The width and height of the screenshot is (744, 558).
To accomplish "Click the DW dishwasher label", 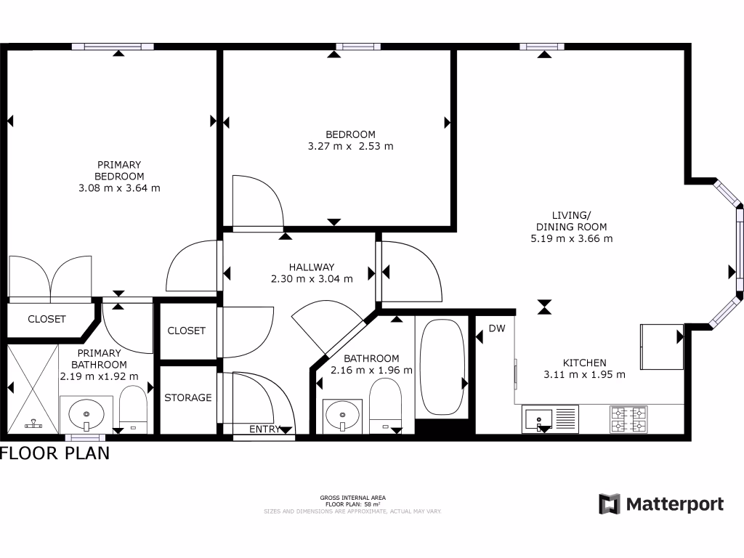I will [496, 328].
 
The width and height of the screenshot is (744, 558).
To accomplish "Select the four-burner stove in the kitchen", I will [628, 418].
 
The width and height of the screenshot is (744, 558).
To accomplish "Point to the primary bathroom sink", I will [86, 415].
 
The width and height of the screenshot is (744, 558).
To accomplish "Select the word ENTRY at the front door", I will [264, 429].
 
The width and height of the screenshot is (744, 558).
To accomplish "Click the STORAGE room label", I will [187, 397].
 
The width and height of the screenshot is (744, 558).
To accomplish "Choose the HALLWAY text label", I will [311, 267].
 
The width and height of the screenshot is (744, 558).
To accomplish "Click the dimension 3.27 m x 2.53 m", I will [350, 146].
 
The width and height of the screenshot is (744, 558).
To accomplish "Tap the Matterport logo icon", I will [609, 504].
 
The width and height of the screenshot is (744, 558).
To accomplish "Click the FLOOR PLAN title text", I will [55, 453].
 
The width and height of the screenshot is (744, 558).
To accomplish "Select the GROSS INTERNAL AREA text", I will [352, 498].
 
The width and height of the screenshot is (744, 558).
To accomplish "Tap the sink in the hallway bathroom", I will [342, 416].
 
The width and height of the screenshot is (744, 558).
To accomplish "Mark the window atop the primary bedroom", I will [113, 46].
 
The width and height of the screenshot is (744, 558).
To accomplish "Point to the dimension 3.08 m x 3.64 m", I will [119, 187].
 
